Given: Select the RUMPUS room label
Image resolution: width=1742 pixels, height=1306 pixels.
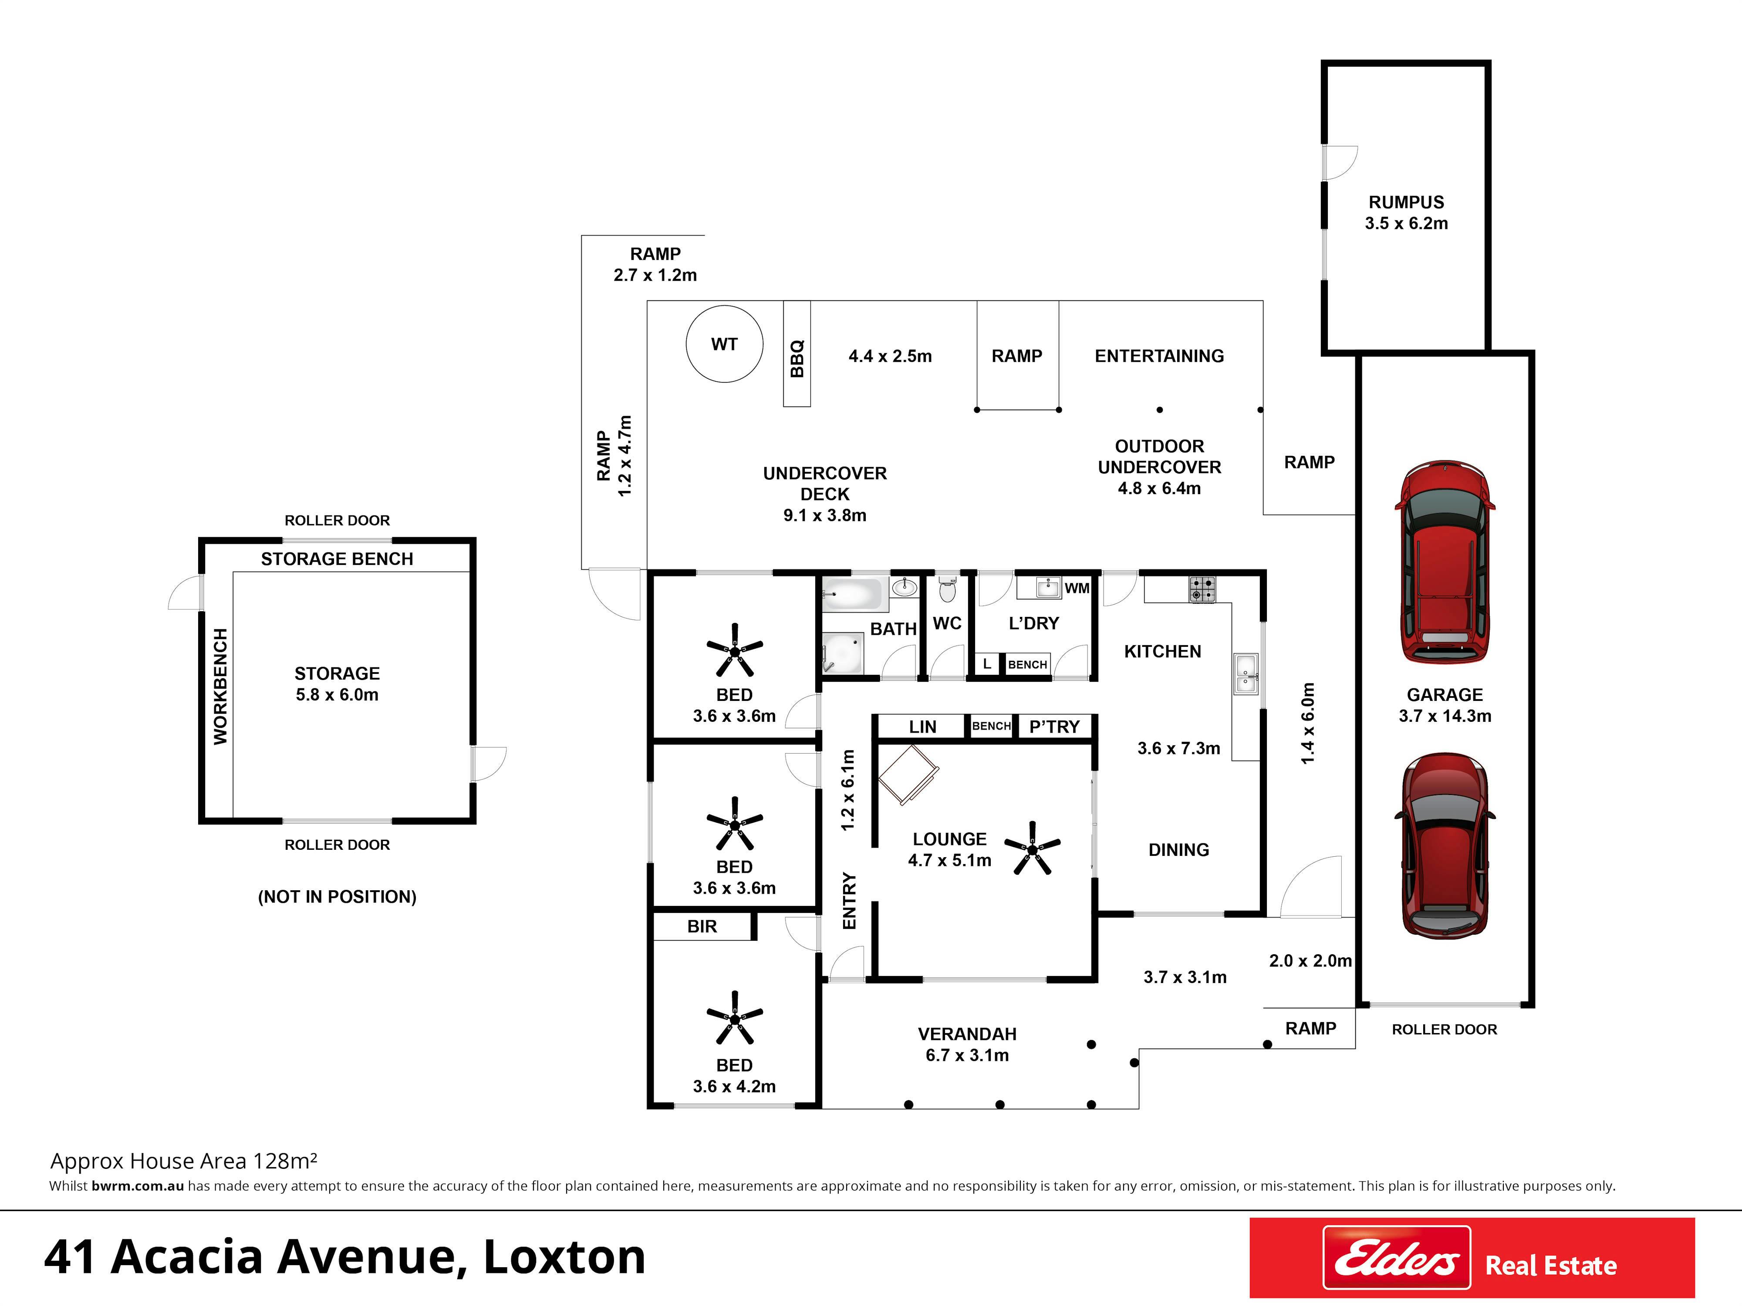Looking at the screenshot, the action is (x=1407, y=202).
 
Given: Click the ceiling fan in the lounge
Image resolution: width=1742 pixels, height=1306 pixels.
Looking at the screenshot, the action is (x=1033, y=848).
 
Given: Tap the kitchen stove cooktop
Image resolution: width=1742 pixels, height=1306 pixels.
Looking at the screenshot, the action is (x=1202, y=589).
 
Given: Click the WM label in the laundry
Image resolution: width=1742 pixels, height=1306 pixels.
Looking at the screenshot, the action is (x=1077, y=588).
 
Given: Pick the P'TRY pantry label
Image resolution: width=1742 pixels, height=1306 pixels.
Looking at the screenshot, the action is (x=1054, y=727).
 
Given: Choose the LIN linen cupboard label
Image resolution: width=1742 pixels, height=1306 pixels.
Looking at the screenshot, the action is (x=923, y=727).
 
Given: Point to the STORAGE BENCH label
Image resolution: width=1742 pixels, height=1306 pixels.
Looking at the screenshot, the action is (x=337, y=559).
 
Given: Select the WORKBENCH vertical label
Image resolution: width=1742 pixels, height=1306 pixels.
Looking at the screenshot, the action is (x=220, y=687).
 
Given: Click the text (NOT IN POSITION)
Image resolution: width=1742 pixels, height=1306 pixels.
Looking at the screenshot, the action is (x=337, y=897).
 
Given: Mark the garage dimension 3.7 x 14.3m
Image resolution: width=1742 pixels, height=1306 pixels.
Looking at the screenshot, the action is (x=1445, y=716).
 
